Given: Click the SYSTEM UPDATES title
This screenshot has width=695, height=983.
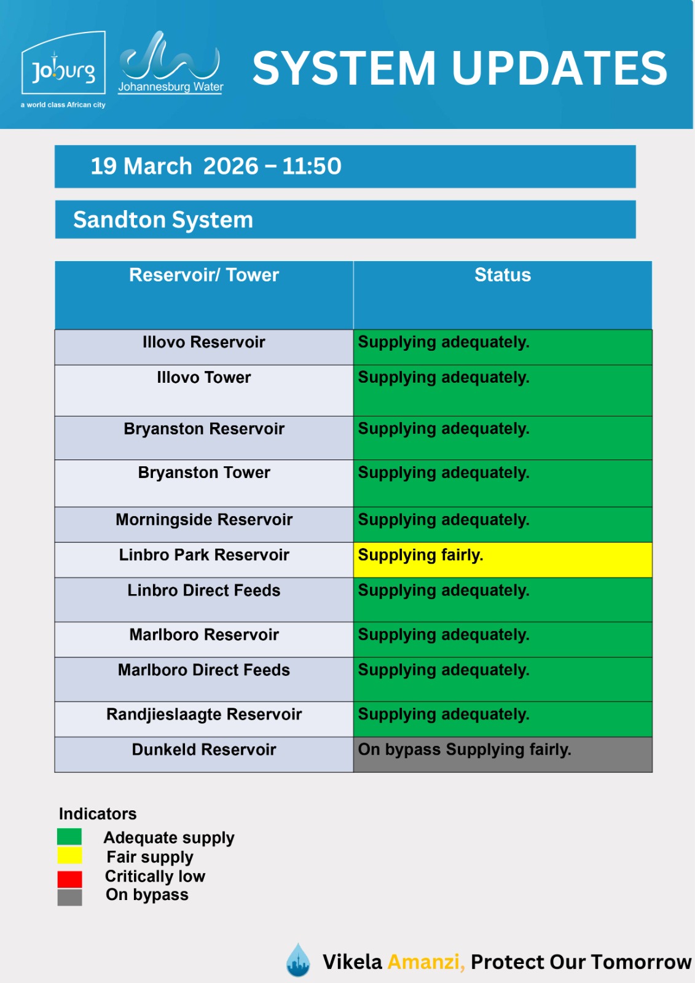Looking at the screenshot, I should click(460, 68).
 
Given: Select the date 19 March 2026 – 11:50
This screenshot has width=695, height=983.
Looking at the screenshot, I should click(216, 166).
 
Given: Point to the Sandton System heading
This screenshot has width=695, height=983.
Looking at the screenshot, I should click(163, 220).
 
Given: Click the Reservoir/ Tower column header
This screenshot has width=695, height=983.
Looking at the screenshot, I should click(204, 275).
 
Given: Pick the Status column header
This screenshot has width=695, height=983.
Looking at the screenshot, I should click(502, 275).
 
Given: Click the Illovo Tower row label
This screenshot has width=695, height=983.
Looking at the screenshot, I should click(204, 378).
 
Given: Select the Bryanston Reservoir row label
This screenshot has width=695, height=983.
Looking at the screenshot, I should click(204, 429).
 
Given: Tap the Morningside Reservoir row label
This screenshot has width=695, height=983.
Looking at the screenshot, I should click(204, 520).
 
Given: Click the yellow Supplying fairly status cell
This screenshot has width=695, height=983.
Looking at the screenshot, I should click(502, 559).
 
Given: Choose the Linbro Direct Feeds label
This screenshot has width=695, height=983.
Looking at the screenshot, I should click(204, 590).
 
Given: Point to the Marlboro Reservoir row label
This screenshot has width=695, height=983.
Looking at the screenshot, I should click(204, 635).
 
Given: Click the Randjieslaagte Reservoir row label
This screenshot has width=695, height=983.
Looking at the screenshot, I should click(204, 715).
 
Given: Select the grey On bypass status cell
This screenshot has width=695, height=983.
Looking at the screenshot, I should click(502, 754).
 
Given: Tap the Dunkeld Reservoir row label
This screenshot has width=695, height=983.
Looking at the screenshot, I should click(204, 750).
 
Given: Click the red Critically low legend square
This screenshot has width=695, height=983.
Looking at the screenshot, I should click(69, 879).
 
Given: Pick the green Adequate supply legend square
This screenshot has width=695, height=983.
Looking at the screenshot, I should click(69, 837).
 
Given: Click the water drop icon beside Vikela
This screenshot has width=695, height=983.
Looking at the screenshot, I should click(299, 960).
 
